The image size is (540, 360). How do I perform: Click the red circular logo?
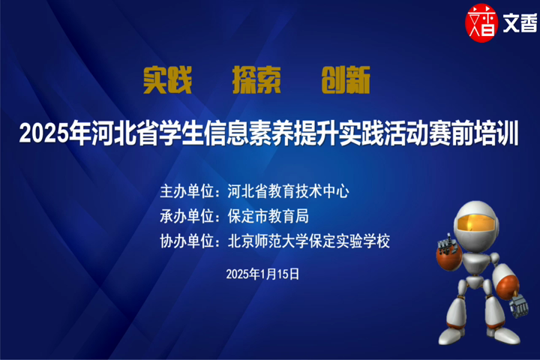pyautogui.click(x=481, y=22)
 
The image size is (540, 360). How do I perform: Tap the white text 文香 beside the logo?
pyautogui.click(x=520, y=23)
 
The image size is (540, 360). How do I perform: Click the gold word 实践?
pyautogui.click(x=167, y=80)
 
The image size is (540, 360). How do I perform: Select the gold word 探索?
pyautogui.click(x=256, y=80)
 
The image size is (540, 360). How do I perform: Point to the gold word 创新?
pyautogui.click(x=346, y=80)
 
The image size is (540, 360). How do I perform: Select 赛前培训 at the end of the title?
pyautogui.click(x=473, y=133)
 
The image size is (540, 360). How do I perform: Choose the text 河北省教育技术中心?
pyautogui.click(x=288, y=191)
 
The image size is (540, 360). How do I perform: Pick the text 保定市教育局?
pyautogui.click(x=268, y=216)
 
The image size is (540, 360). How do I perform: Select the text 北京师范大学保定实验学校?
pyautogui.click(x=308, y=241)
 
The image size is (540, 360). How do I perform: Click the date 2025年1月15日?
pyautogui.click(x=262, y=274)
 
